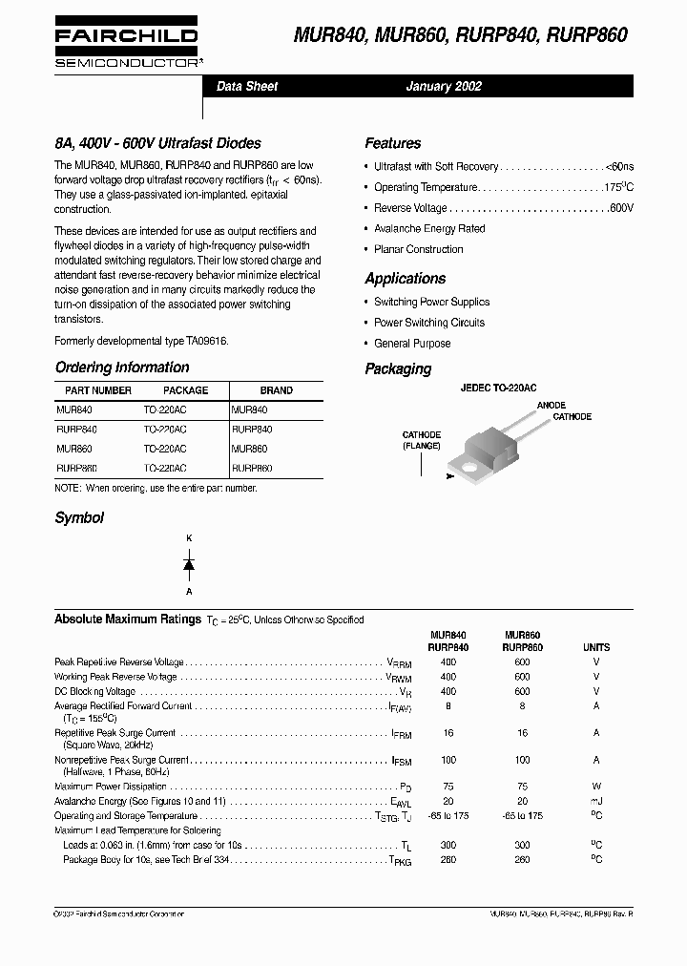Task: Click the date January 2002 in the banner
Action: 444,86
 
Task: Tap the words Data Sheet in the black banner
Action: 247,86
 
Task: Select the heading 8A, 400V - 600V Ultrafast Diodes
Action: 157,143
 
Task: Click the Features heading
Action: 392,143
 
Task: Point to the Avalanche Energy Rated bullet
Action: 429,228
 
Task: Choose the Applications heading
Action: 405,279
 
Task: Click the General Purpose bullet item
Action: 412,343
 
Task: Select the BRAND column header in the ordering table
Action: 276,390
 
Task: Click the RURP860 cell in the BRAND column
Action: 252,469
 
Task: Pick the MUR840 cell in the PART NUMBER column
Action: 74,409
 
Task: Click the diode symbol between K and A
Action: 189,564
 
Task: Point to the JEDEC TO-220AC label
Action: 498,388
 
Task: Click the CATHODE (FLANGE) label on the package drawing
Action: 421,440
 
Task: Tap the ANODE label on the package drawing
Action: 551,406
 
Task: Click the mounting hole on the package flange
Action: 470,468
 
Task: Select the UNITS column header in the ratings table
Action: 596,647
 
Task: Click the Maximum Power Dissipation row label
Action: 111,787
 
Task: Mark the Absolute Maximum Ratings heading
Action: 127,619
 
